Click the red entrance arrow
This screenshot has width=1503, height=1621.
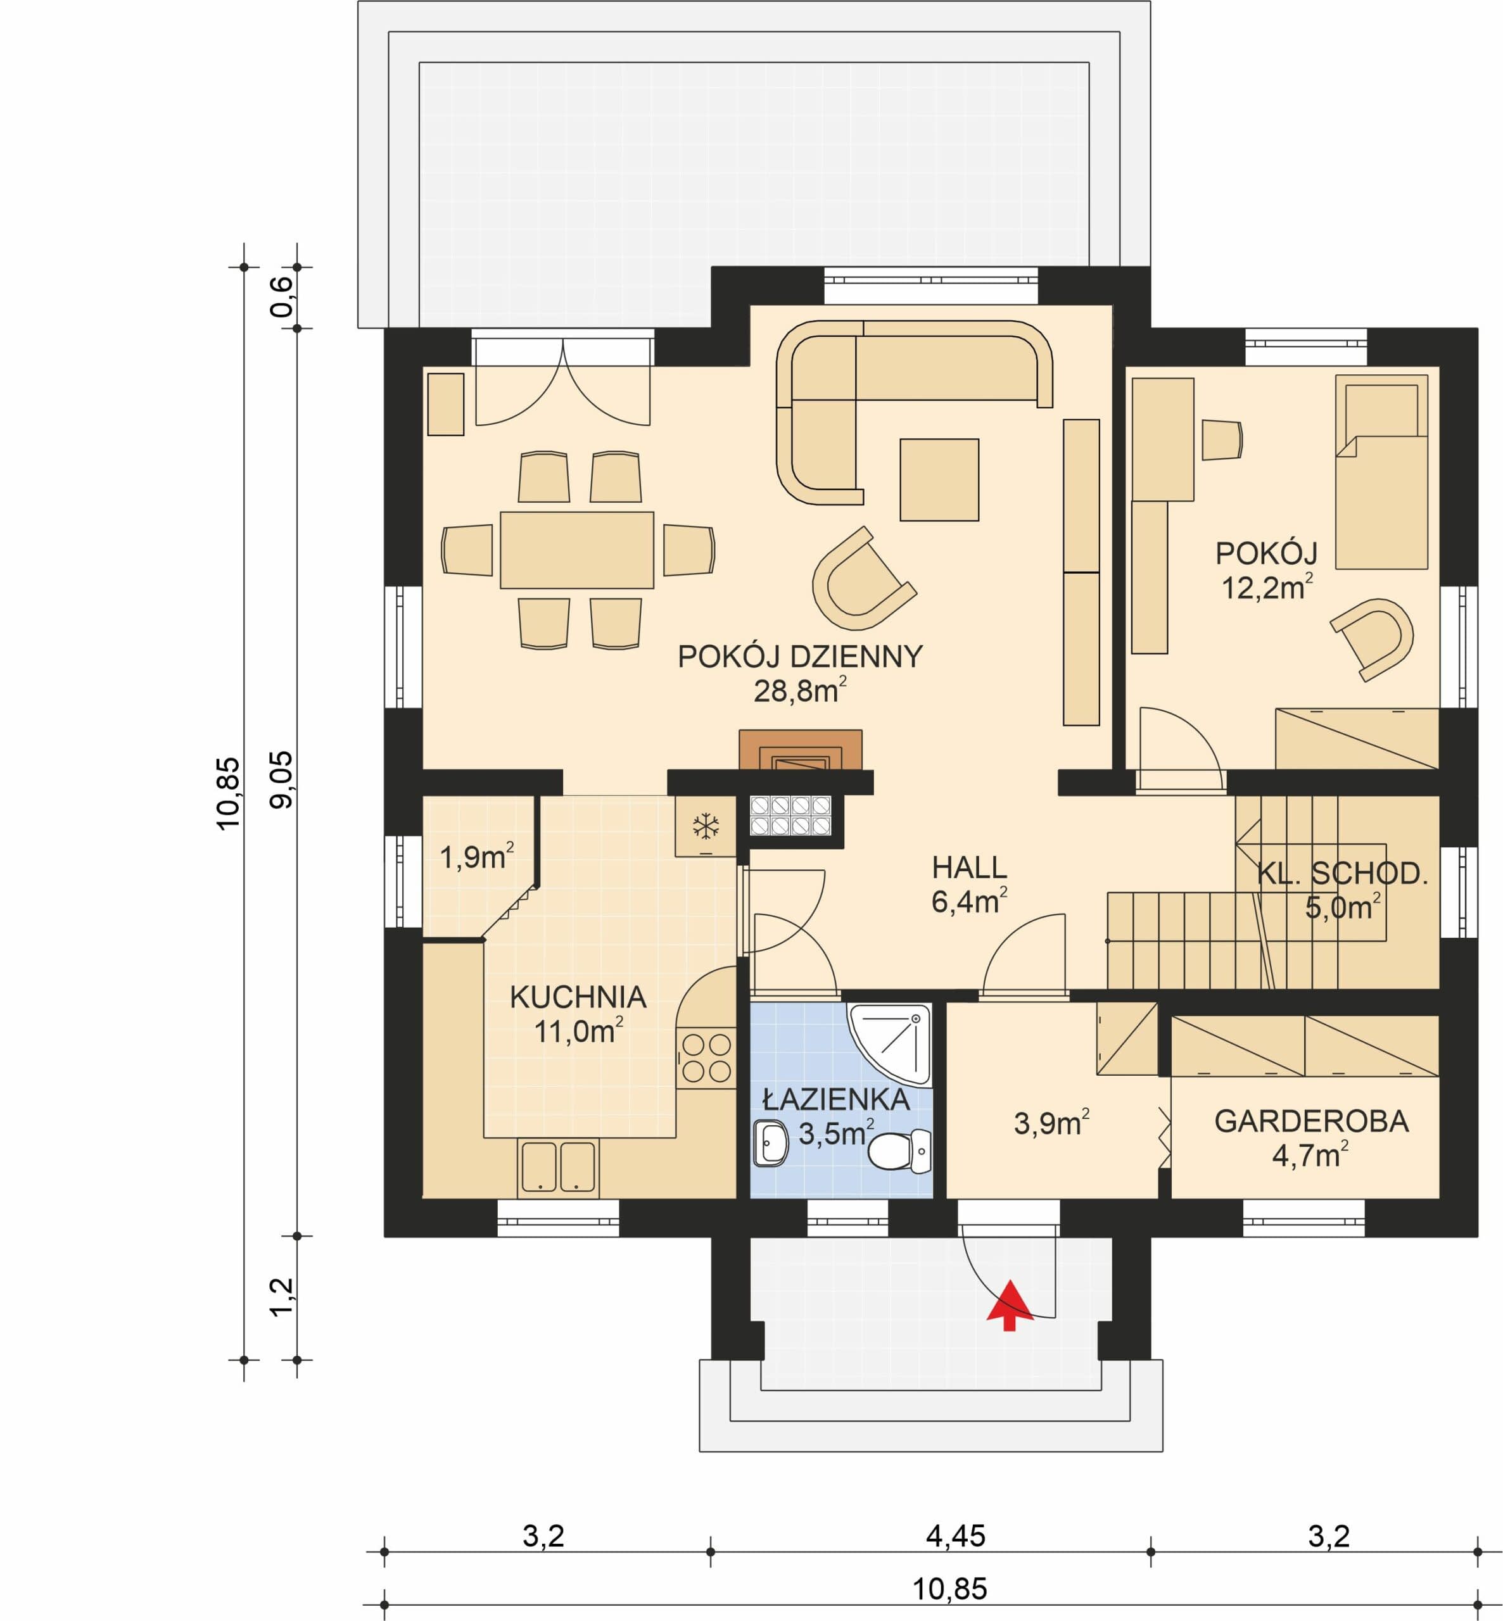click(1010, 1306)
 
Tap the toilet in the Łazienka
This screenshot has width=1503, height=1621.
click(899, 1151)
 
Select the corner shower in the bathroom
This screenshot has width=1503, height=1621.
click(889, 1044)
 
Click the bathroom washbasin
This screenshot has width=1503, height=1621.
click(771, 1144)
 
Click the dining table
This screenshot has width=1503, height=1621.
click(576, 550)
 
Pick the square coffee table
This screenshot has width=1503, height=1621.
click(939, 479)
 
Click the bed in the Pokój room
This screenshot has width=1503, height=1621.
click(1381, 472)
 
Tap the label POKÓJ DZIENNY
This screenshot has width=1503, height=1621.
click(801, 656)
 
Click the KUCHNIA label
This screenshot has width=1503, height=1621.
click(578, 997)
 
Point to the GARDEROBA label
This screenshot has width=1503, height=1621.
click(1311, 1121)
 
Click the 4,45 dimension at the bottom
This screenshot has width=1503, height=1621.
click(956, 1536)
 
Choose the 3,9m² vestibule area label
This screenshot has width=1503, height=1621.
click(1051, 1123)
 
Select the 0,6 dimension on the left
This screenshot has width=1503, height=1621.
click(281, 298)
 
